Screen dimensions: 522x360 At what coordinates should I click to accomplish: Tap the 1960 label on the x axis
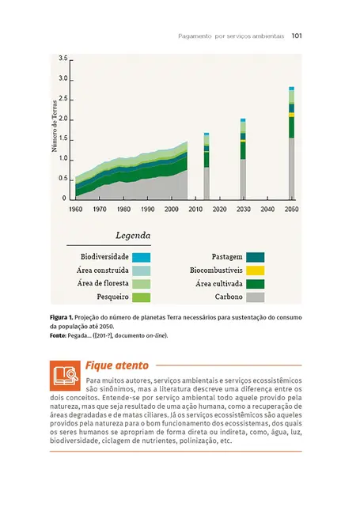pos(75,210)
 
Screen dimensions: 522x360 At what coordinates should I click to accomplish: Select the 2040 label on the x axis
pos(267,210)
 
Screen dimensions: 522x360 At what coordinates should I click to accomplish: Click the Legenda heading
pos(133,236)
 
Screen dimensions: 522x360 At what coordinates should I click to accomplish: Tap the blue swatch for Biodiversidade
pos(141,257)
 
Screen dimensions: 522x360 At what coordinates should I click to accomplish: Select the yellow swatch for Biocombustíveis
pos(255,270)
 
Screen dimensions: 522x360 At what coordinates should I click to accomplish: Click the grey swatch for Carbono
pos(255,297)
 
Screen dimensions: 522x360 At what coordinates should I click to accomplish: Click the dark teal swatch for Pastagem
pos(255,257)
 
